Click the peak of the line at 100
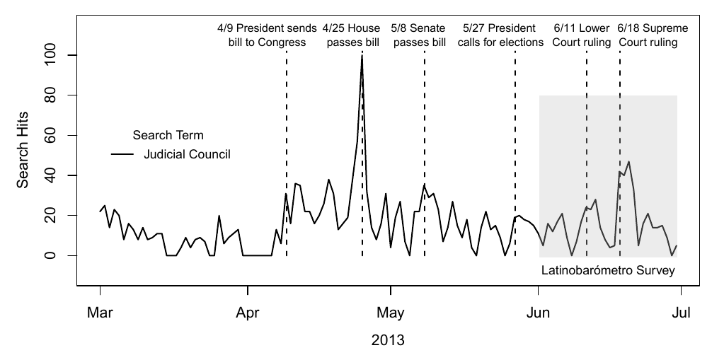click(x=362, y=55)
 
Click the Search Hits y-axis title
click(x=23, y=155)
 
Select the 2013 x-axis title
click(x=388, y=340)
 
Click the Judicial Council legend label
click(x=187, y=153)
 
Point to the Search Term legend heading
click(x=168, y=135)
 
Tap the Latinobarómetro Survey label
click(x=608, y=270)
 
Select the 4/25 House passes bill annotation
click(x=352, y=35)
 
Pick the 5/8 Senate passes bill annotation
click(x=419, y=35)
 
